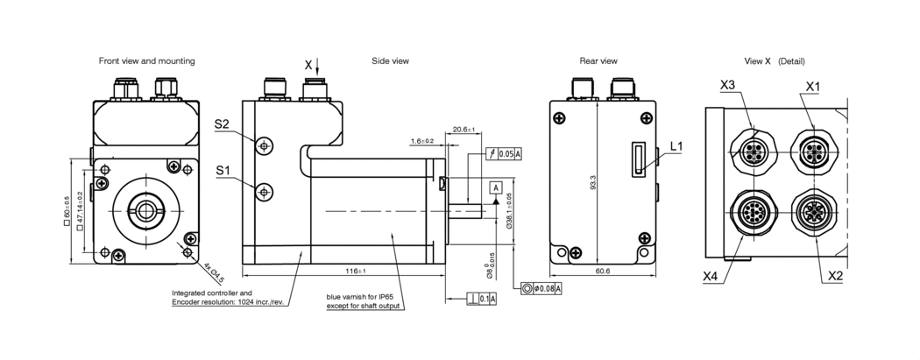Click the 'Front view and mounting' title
coord(146,61)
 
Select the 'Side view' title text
coord(390,61)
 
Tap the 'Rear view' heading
coord(598,61)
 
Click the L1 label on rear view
coord(676,145)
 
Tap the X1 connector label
coord(812,86)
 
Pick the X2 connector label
coord(836,274)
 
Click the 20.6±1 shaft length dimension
coord(464,131)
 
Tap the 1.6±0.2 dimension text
coord(421,140)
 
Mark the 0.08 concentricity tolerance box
coord(541,288)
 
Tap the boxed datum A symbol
coord(496,187)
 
